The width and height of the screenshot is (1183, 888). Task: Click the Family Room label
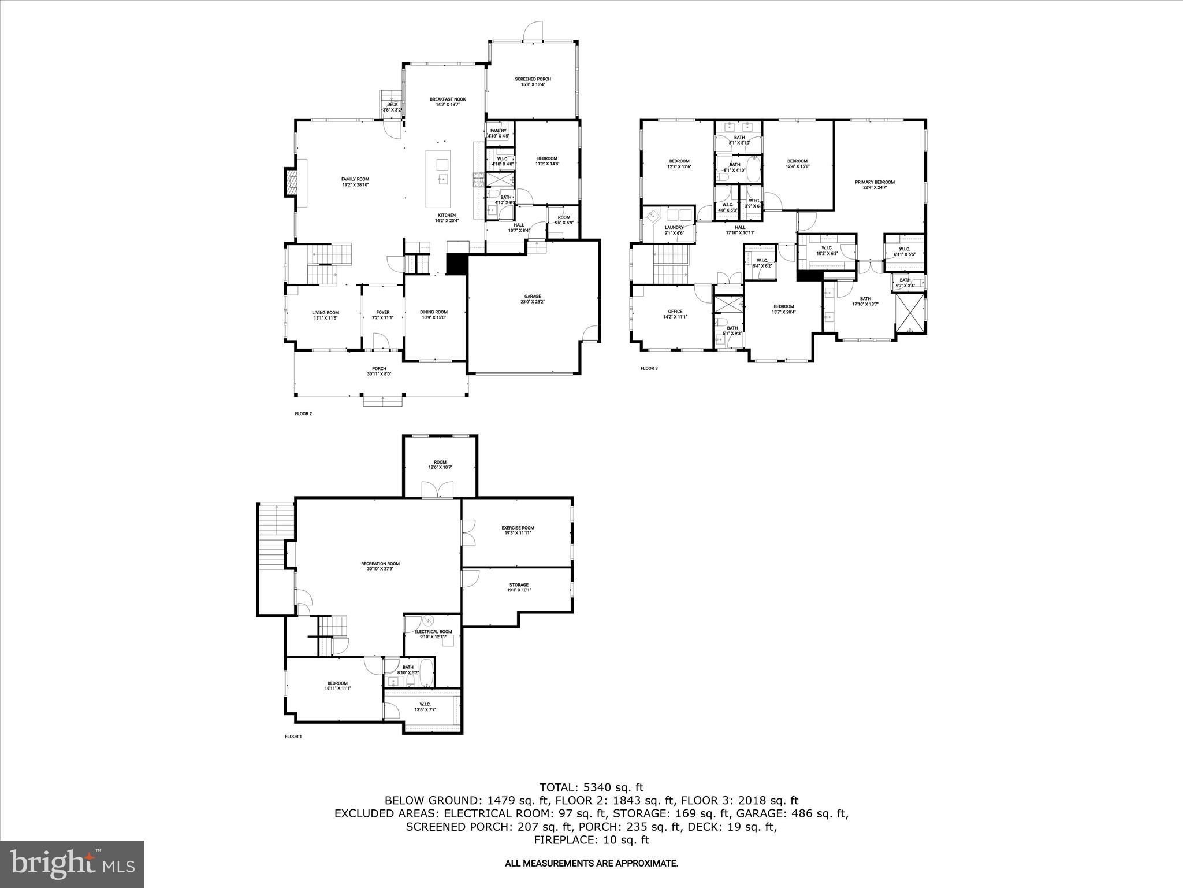click(x=355, y=179)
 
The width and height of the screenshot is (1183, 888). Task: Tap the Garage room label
click(x=533, y=297)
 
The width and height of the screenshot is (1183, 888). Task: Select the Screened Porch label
click(x=533, y=79)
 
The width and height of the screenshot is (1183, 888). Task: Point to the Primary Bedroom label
click(x=875, y=182)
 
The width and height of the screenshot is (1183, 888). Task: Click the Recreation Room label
click(x=380, y=564)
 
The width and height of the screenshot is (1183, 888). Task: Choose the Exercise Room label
click(x=518, y=528)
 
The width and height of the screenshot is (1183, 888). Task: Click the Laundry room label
click(x=674, y=228)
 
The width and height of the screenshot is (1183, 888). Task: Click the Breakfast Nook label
click(x=447, y=99)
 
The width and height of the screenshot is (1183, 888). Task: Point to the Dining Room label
click(x=433, y=312)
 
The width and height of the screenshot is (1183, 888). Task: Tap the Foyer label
click(x=382, y=312)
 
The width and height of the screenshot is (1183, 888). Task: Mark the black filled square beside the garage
click(x=456, y=265)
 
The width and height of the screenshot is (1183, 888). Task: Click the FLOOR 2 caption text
click(x=303, y=414)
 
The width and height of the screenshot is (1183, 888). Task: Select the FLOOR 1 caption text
click(x=293, y=737)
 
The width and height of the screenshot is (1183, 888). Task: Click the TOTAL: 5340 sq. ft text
click(x=591, y=787)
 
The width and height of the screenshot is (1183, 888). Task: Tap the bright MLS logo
click(x=73, y=864)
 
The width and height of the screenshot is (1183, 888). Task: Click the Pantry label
click(x=498, y=131)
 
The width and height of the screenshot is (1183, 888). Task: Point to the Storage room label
click(x=519, y=585)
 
